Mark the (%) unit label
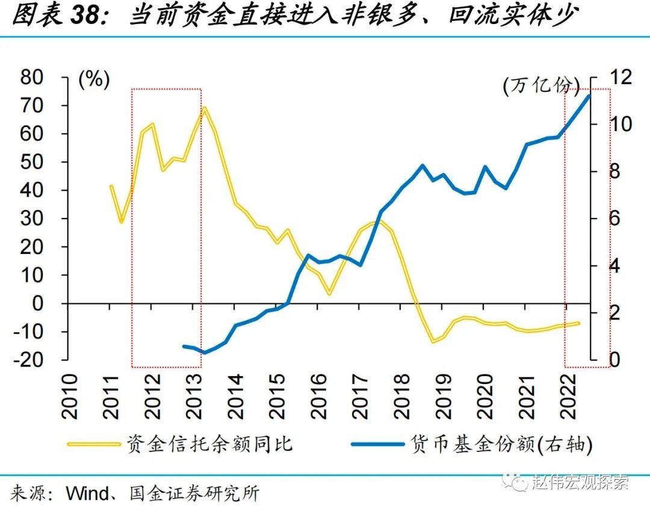93,80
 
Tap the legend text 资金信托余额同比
209,444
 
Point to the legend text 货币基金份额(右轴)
503,444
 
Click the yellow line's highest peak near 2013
205,109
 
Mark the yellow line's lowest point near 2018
433,342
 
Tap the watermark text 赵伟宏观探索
580,482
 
